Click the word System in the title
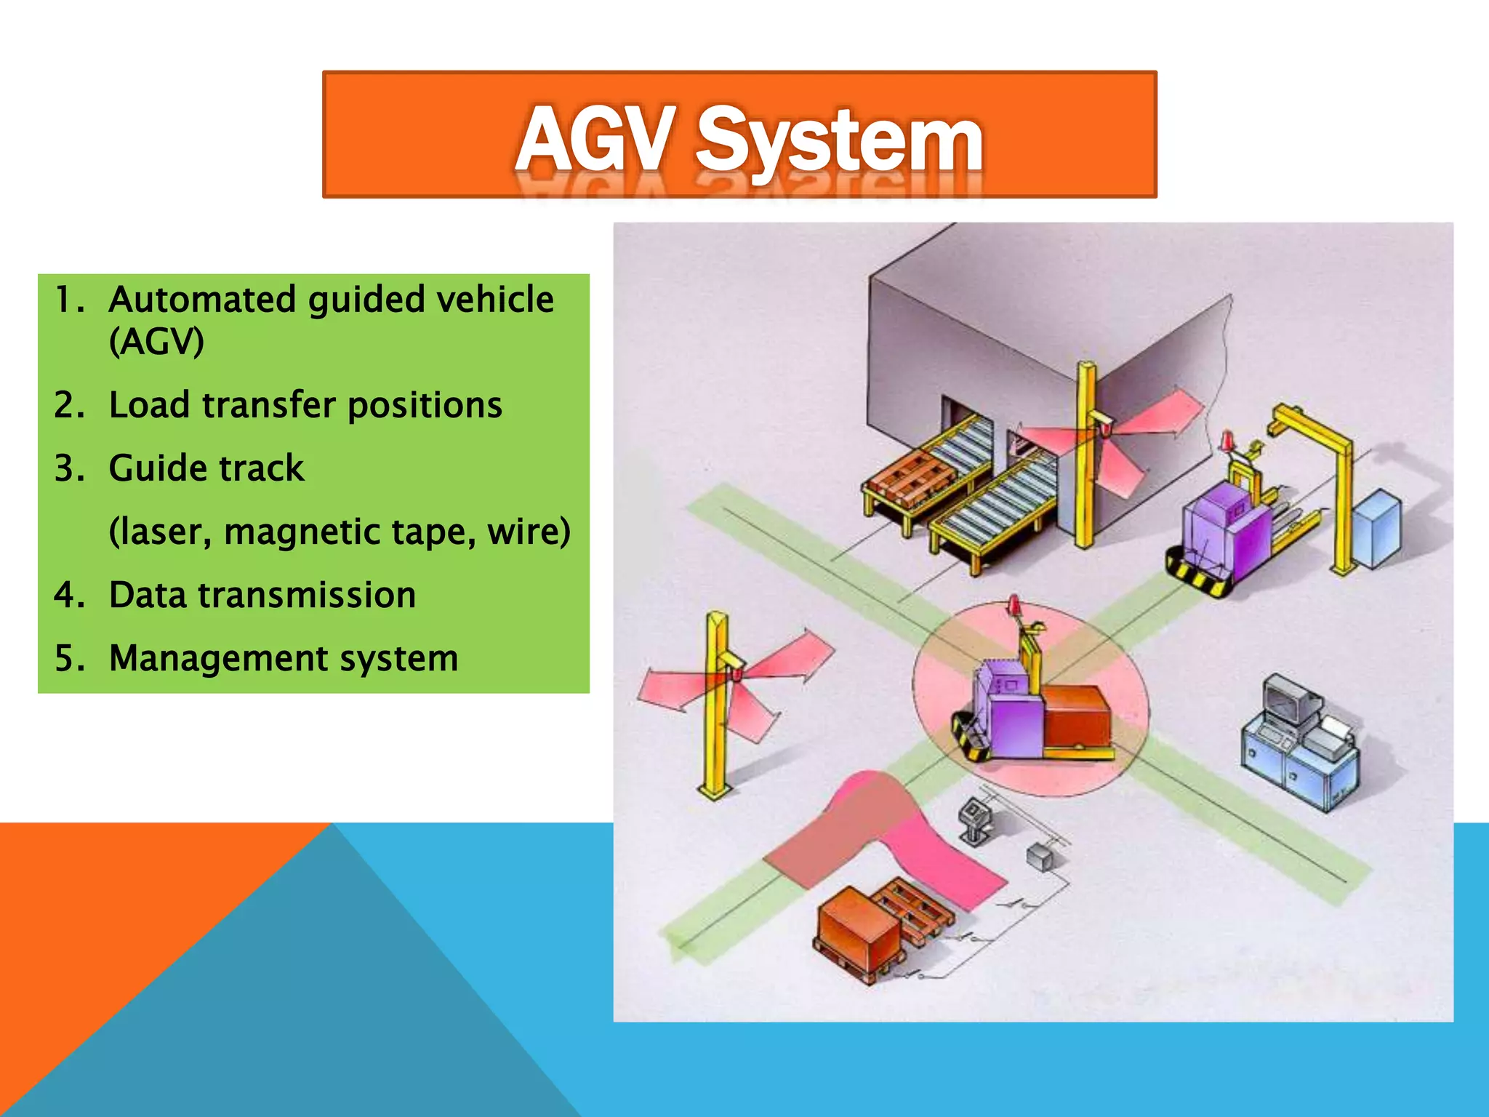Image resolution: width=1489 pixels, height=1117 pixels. coord(840,142)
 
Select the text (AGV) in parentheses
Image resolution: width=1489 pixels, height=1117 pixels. coord(156,341)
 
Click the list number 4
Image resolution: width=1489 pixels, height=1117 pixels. coord(67,596)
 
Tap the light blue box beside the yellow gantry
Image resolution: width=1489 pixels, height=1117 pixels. coord(1377,529)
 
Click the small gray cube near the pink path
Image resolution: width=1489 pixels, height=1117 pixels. coord(1040,858)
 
